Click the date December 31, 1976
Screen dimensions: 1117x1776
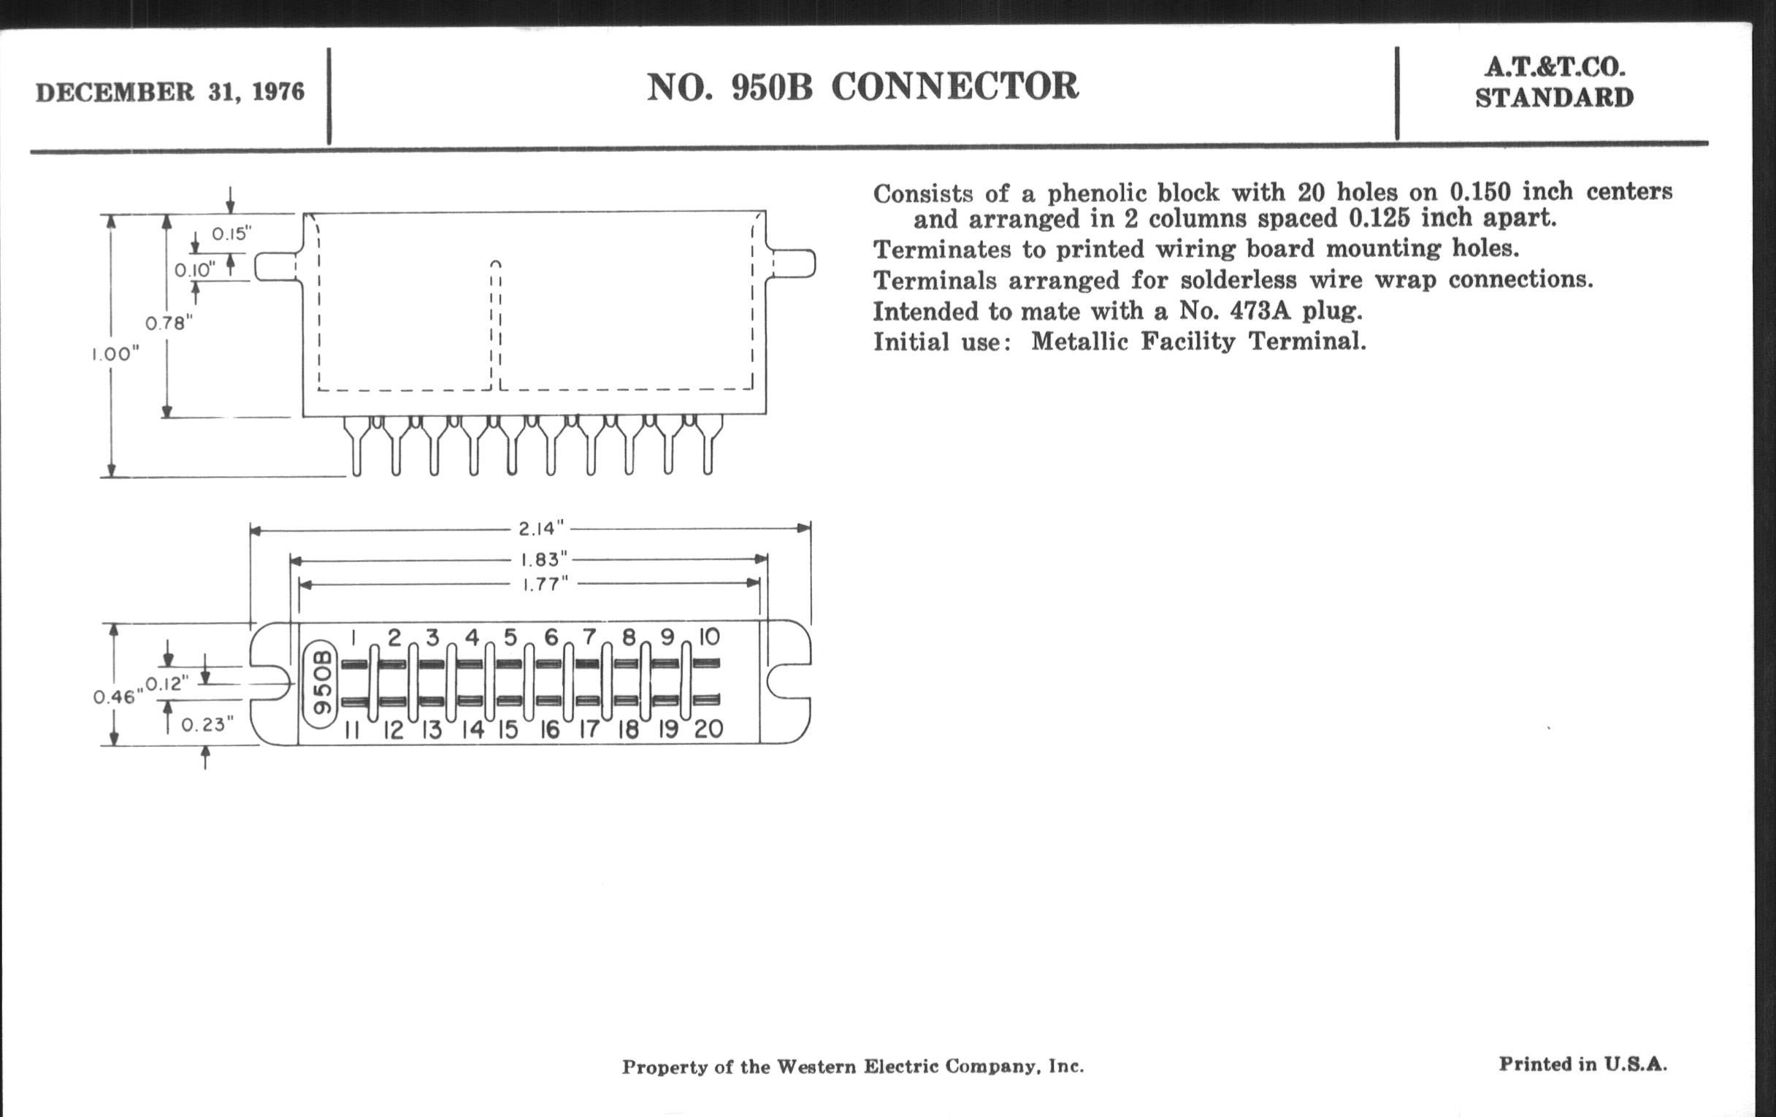point(169,92)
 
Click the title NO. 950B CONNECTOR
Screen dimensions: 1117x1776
point(862,86)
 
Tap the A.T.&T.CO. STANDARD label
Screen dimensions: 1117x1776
point(1554,82)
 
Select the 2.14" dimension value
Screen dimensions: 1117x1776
point(540,528)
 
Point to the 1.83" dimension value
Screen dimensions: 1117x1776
point(544,560)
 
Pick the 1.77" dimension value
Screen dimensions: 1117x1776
point(545,585)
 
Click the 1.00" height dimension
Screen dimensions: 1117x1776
point(115,354)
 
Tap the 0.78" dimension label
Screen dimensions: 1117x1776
point(169,323)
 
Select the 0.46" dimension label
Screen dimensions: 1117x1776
point(118,696)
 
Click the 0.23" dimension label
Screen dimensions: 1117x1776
point(207,725)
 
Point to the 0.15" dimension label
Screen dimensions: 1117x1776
point(231,234)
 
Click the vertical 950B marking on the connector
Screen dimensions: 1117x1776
point(321,683)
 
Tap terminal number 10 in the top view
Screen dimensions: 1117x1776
point(708,637)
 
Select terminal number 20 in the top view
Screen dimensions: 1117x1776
point(708,729)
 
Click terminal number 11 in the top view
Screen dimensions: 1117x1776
point(352,730)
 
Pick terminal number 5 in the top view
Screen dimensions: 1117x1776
point(510,637)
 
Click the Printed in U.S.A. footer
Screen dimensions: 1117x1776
point(1582,1064)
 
